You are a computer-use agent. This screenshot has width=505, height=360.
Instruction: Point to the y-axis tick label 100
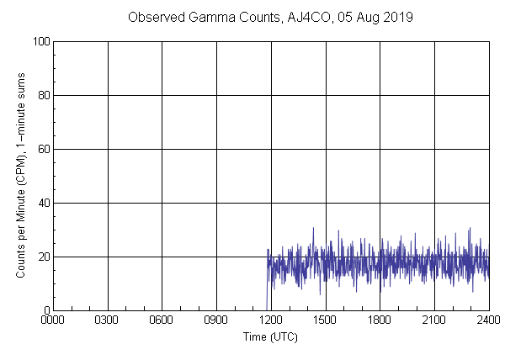40,41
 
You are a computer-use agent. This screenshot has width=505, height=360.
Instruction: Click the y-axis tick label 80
42,95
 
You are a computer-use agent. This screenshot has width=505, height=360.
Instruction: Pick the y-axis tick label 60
42,149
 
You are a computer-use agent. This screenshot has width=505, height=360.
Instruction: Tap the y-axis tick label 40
42,203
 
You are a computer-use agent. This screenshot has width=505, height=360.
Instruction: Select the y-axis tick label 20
42,257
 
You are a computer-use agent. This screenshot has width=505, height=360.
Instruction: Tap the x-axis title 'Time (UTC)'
270,336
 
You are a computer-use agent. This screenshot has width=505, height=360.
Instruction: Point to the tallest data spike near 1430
313,228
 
